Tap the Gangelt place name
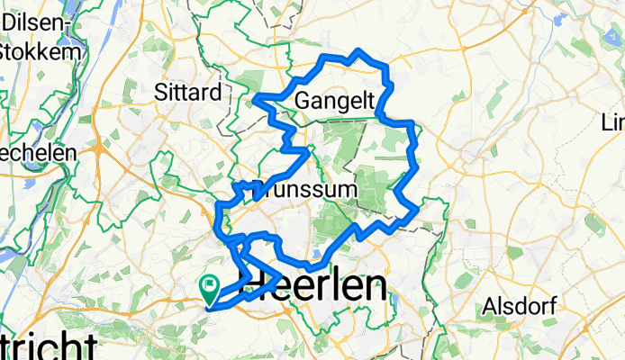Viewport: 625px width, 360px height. tap(334, 99)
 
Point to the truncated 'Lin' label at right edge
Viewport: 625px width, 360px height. tap(614, 121)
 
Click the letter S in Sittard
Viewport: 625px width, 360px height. tap(160, 92)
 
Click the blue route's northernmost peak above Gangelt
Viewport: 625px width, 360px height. tap(359, 50)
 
